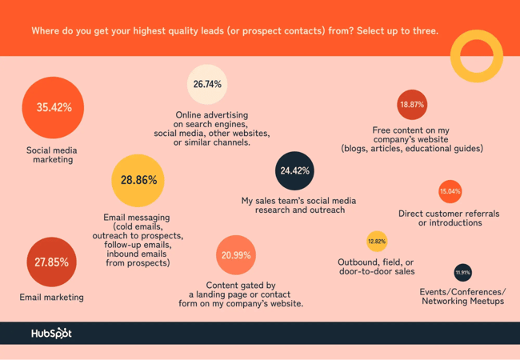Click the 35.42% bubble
[53, 107]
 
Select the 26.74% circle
[207, 84]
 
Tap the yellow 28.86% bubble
[138, 180]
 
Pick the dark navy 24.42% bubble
[294, 170]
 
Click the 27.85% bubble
[51, 262]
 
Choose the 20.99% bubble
[236, 255]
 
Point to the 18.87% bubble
[412, 105]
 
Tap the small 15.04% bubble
[450, 191]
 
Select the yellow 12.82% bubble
[376, 241]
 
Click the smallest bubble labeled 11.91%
[462, 273]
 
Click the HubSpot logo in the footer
[51, 333]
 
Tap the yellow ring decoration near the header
[476, 56]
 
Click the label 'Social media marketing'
[52, 154]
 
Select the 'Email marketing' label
[51, 297]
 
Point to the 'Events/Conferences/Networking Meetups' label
[462, 296]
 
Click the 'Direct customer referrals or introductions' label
[449, 218]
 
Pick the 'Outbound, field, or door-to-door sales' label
[376, 266]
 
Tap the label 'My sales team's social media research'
[298, 205]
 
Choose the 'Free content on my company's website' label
[411, 139]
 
